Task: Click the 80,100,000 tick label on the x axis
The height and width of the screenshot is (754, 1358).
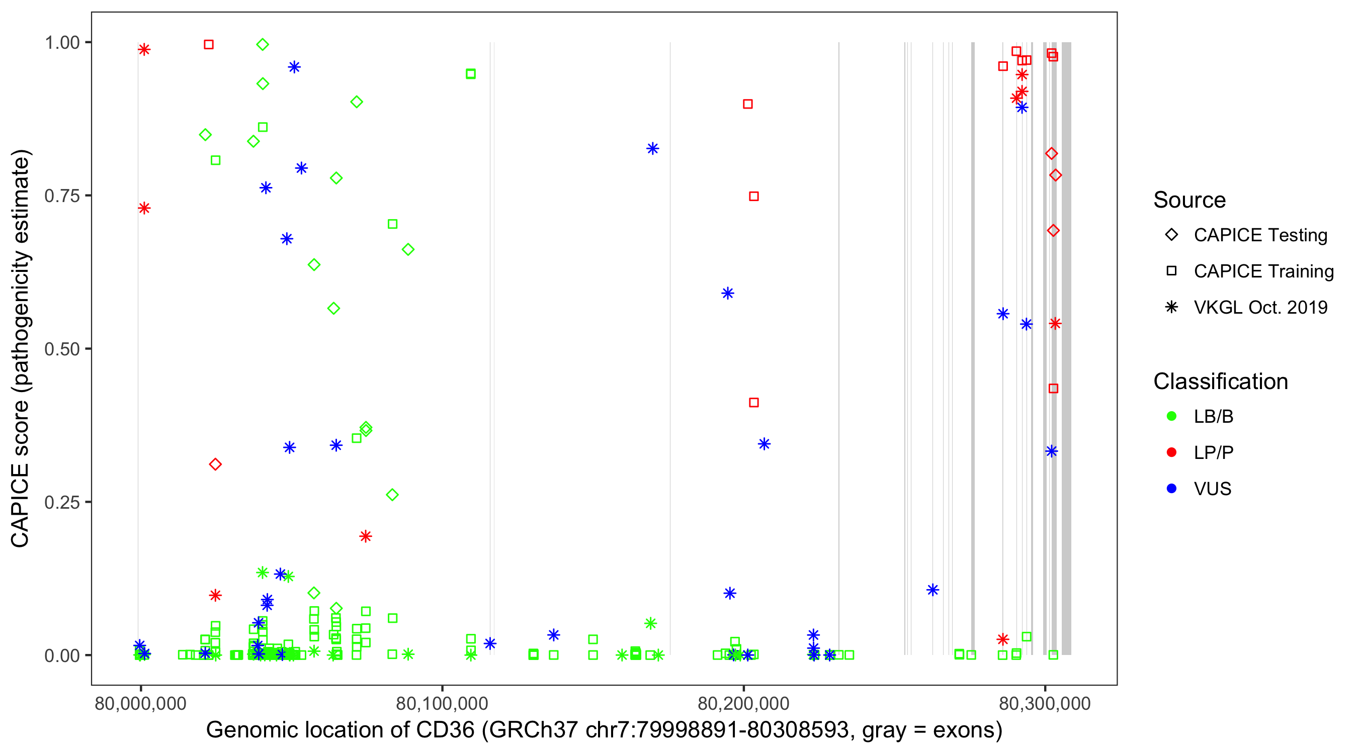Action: [442, 703]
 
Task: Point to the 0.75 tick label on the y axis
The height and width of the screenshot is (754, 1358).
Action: [62, 196]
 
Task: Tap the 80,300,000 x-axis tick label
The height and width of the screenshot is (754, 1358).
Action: [1045, 703]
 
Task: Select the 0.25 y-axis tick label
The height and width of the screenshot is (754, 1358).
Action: [62, 502]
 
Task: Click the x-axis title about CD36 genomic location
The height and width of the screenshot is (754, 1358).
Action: [604, 730]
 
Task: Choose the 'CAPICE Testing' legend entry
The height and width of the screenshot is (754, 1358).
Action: [1260, 235]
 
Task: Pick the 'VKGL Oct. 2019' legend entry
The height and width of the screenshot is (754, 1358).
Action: [1260, 307]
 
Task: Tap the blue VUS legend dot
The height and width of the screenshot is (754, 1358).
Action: [1171, 489]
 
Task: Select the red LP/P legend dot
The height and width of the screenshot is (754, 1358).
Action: [1171, 452]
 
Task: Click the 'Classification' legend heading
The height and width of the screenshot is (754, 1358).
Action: [1220, 381]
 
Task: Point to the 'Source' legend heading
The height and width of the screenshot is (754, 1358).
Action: [1190, 200]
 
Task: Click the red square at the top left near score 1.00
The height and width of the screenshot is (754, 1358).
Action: [209, 45]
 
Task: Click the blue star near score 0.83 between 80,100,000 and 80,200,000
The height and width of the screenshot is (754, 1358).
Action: [653, 149]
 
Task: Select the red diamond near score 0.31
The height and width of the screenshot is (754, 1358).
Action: [215, 464]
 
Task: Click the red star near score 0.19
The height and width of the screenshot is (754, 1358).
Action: [365, 536]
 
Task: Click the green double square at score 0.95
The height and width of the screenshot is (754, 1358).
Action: [471, 74]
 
